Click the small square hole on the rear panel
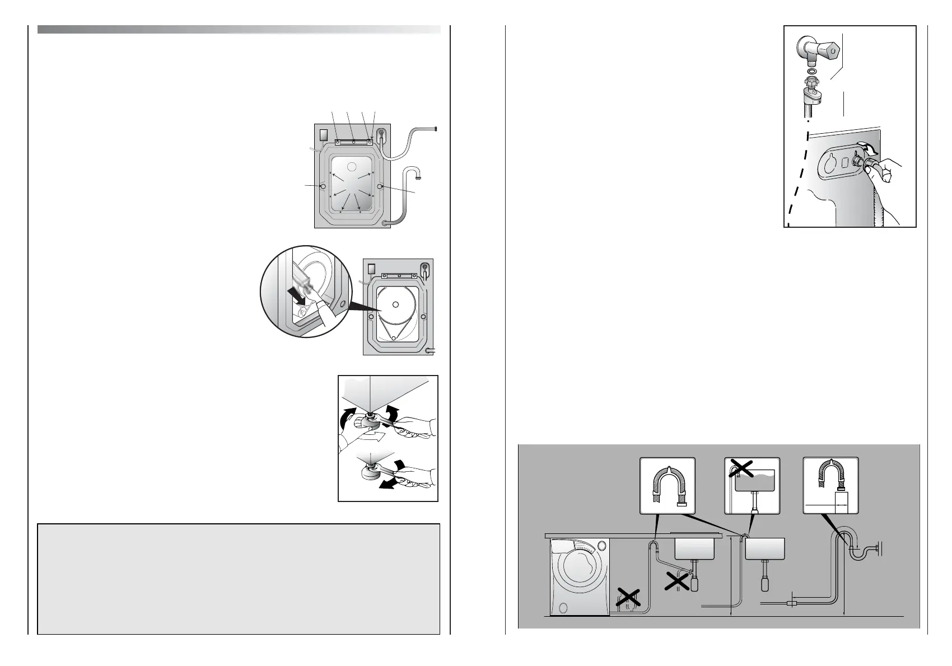pos(841,163)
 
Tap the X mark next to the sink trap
pos(677,583)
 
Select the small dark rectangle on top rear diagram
pos(323,135)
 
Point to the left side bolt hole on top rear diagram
pos(323,186)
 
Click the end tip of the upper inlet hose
pos(435,130)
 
